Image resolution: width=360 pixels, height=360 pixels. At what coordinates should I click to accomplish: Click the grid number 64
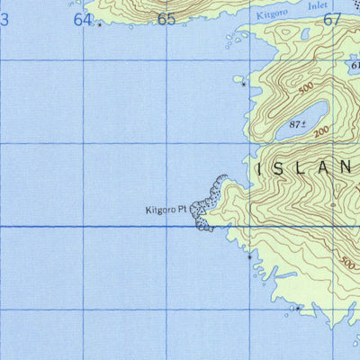[84, 19]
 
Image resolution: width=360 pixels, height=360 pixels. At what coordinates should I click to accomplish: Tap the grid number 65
[166, 19]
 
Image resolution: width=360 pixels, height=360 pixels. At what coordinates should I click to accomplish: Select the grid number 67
[332, 19]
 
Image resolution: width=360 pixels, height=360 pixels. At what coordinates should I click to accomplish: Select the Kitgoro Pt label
[167, 211]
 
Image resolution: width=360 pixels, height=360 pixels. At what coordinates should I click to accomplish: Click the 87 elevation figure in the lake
[297, 123]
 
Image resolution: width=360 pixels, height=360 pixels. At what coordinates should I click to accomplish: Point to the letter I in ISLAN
[261, 167]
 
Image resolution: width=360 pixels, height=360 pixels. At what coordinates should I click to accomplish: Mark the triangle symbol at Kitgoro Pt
[192, 211]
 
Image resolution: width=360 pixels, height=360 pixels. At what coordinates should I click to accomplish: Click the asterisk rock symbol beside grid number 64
[99, 25]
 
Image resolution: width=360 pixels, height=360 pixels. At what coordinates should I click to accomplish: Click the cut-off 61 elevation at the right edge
[355, 65]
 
